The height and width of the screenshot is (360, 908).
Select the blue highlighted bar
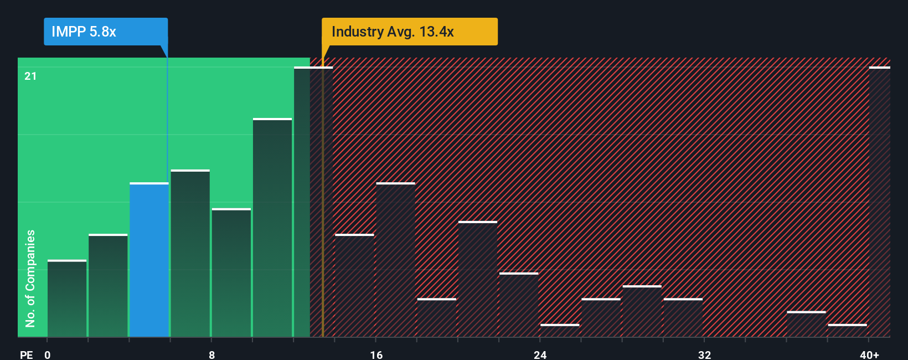point(149,260)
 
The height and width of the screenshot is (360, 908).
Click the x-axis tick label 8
point(211,354)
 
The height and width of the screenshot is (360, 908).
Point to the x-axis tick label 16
point(376,354)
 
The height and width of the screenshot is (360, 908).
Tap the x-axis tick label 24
point(540,354)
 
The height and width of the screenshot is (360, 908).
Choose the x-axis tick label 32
point(704,354)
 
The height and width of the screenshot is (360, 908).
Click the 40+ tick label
point(869,354)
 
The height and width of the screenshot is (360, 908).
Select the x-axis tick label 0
point(48,354)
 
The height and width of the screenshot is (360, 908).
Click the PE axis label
point(26,354)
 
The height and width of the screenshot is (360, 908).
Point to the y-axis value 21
point(30,76)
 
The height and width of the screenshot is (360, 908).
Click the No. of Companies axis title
point(30,278)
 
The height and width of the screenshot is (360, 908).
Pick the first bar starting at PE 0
point(67,299)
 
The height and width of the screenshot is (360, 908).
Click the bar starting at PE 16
point(395,260)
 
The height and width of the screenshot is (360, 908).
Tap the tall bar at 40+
point(879,202)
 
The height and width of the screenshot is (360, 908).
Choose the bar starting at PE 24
point(560,331)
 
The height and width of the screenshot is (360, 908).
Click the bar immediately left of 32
point(683,318)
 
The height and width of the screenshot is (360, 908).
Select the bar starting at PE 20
point(478,279)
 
